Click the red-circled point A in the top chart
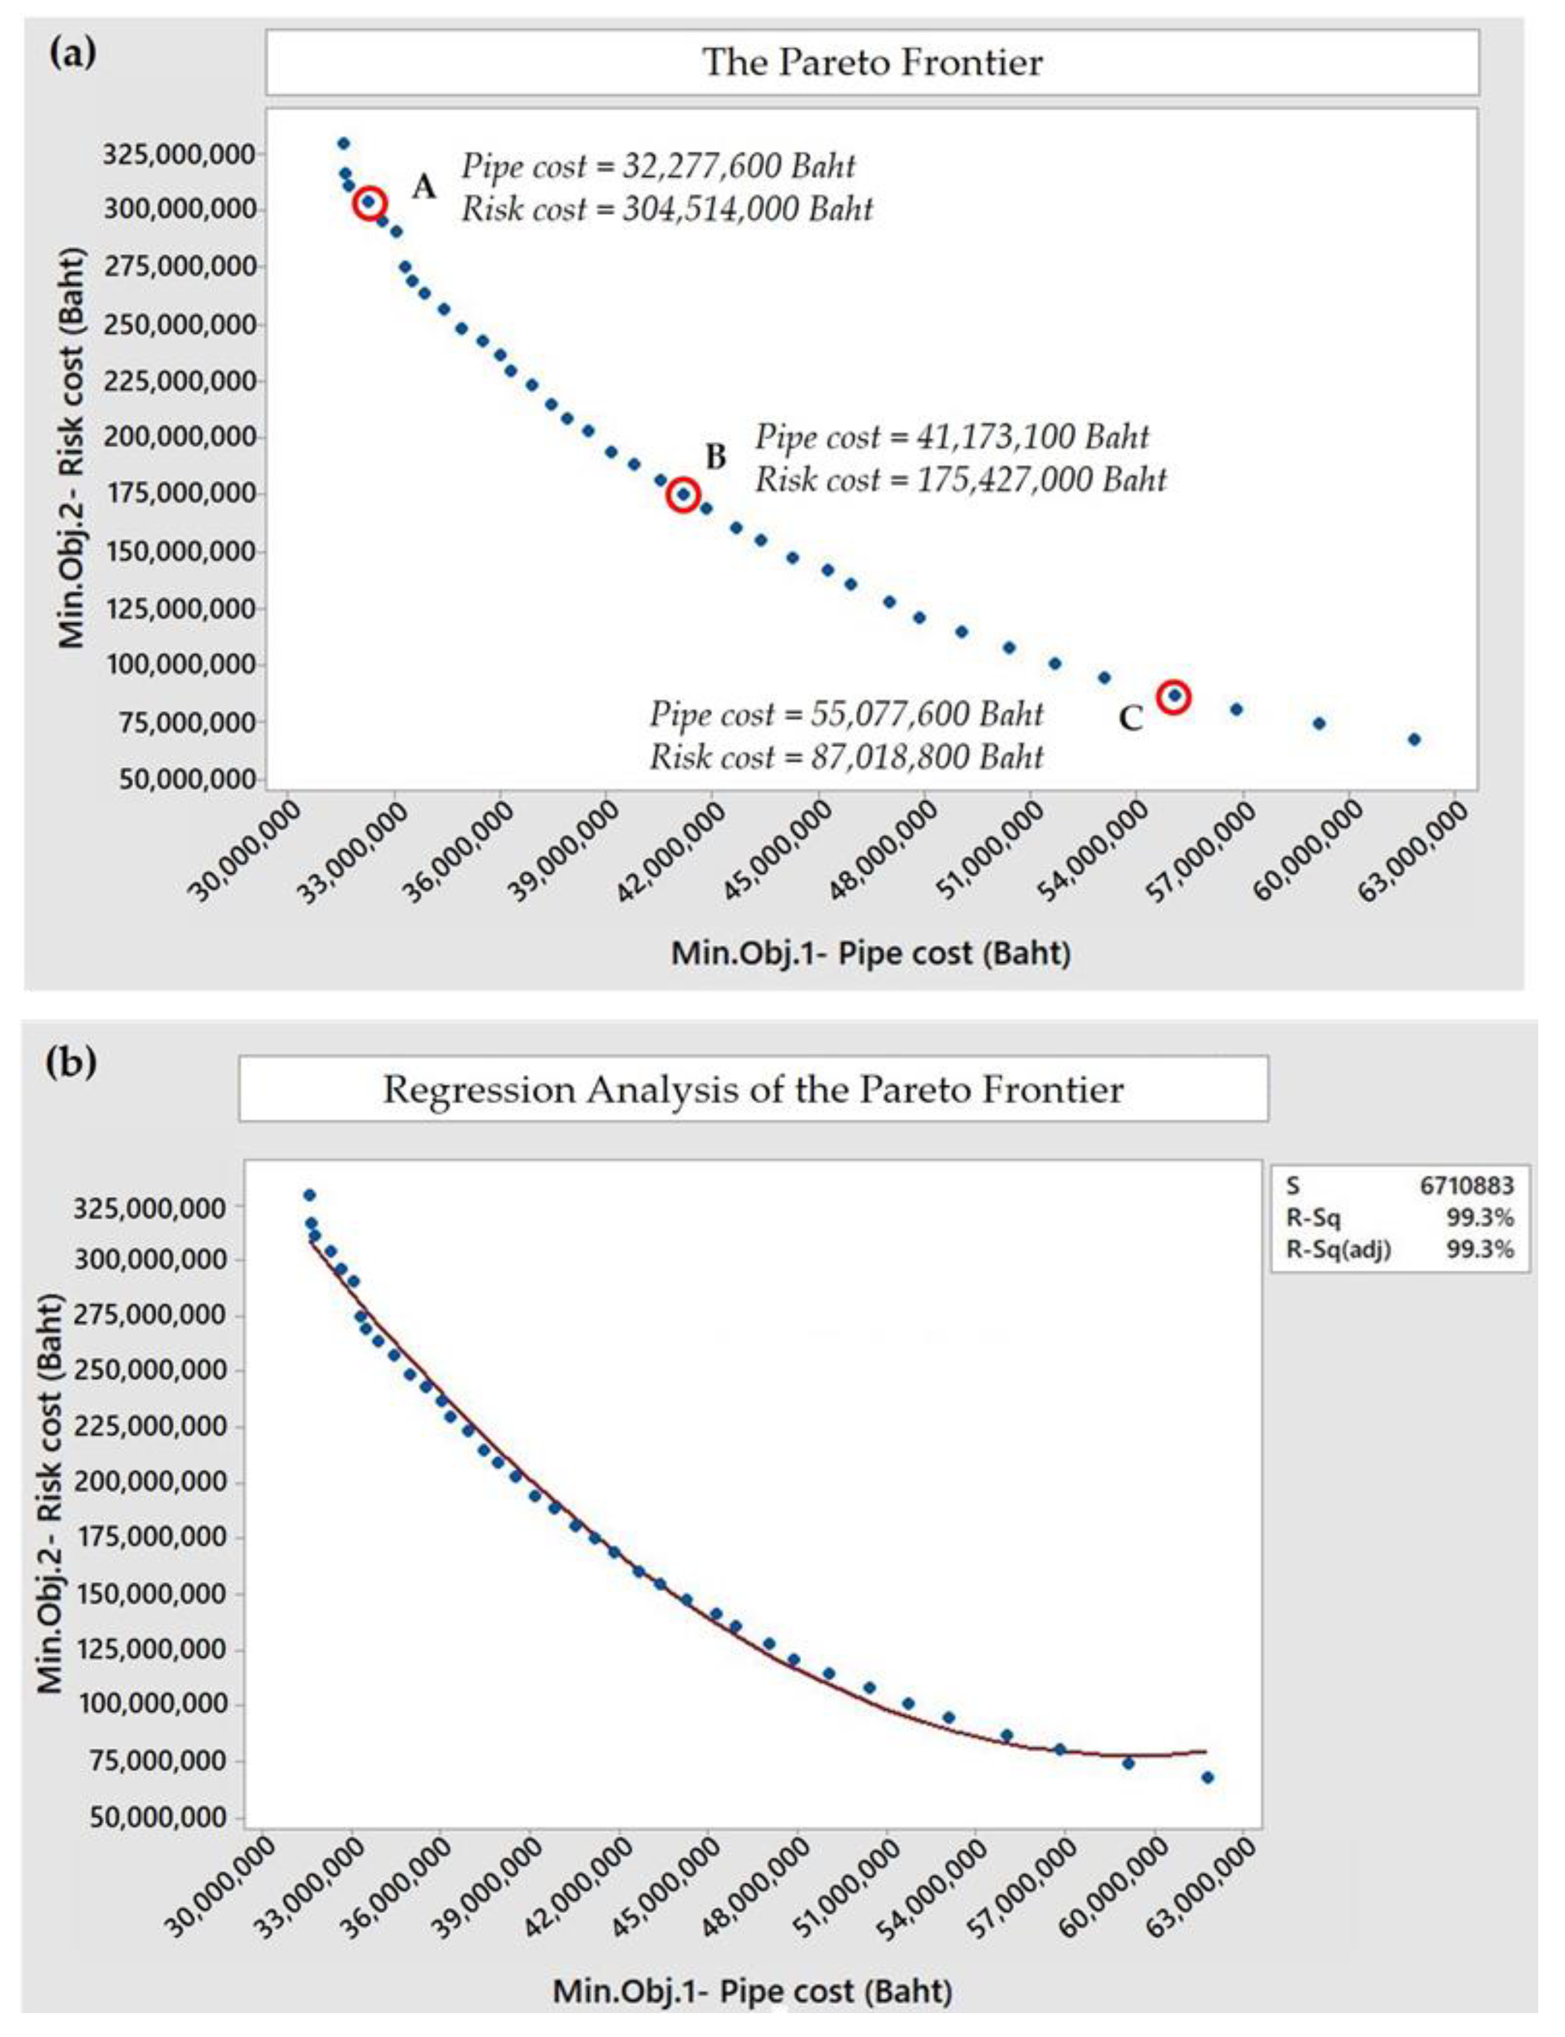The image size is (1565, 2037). coord(370,202)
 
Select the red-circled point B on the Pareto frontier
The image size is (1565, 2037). coord(684,495)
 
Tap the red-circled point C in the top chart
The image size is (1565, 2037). coord(1174,696)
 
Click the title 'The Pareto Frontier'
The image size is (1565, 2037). coord(872,62)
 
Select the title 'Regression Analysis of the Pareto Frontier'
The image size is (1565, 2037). coord(753,1090)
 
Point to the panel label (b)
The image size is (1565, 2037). coord(71,1062)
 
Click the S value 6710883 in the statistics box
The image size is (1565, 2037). coord(1466,1186)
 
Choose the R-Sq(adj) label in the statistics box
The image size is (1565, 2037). coord(1339,1250)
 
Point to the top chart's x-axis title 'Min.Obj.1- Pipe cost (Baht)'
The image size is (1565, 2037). coord(871,953)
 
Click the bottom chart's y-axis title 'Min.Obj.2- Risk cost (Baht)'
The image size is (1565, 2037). coord(51,1491)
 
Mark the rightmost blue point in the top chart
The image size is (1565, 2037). coord(1414,739)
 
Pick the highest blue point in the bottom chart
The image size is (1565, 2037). coord(310,1195)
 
